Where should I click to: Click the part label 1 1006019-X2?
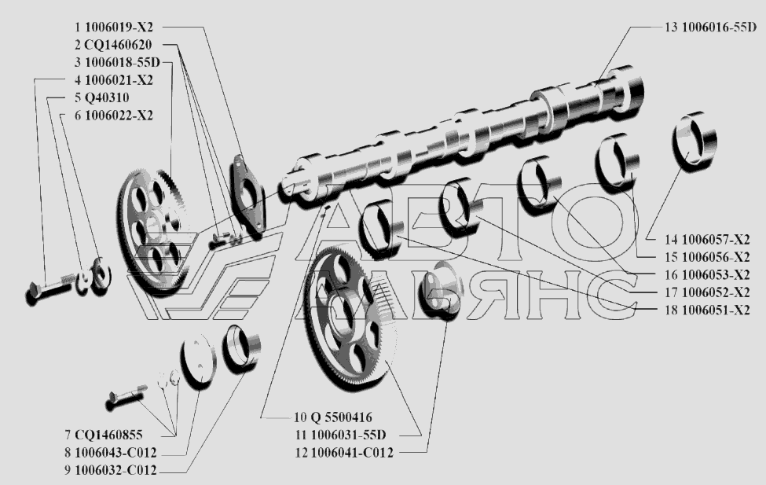click(113, 27)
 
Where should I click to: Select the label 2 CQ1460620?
click(113, 45)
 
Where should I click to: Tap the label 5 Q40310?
click(101, 97)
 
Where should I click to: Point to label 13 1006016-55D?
click(710, 27)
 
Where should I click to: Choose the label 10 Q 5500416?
click(332, 417)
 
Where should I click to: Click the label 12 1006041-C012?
click(343, 452)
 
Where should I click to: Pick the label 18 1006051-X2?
click(707, 310)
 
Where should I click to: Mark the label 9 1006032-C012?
click(111, 470)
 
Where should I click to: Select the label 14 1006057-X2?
click(707, 239)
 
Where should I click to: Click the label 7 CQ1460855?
click(104, 435)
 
